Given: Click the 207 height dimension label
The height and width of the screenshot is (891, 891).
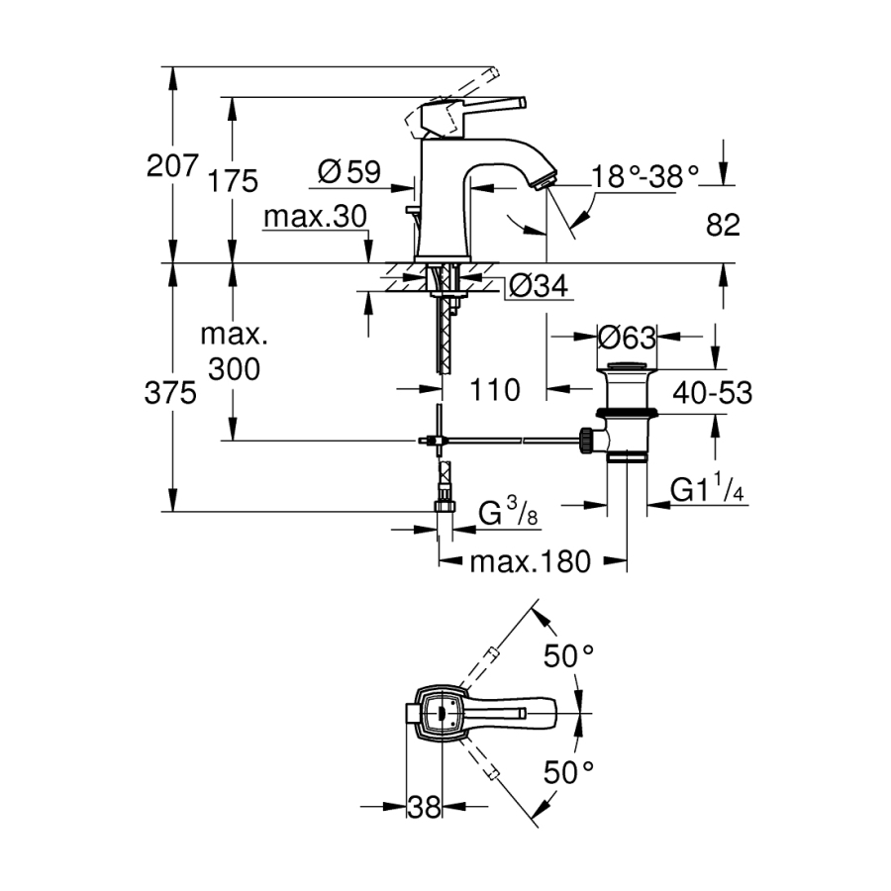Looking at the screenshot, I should [173, 165].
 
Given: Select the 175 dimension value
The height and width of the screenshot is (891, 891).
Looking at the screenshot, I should [235, 181].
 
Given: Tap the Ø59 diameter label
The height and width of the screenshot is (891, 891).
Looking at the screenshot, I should [348, 173].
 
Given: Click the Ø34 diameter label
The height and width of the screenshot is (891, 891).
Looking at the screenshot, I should [539, 287].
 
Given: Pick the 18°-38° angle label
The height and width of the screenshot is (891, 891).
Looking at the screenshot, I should [645, 176].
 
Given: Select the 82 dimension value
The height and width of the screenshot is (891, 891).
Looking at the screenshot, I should [724, 225].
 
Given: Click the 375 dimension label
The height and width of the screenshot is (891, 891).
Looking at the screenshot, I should [171, 393].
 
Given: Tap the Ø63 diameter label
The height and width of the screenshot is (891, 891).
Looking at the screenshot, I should [627, 338].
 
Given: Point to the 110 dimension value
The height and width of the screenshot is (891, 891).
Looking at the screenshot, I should [495, 390].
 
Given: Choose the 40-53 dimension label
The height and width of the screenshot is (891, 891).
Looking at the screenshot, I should [712, 393].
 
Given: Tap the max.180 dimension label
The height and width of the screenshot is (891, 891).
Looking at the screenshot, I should [530, 562].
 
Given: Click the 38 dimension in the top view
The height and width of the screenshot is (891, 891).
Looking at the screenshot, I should [424, 808].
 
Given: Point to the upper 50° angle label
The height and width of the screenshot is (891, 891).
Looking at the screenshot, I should [570, 654].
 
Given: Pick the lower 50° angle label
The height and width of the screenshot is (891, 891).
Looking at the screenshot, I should [570, 772].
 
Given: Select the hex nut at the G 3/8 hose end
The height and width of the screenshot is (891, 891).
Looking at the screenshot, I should [444, 507].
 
